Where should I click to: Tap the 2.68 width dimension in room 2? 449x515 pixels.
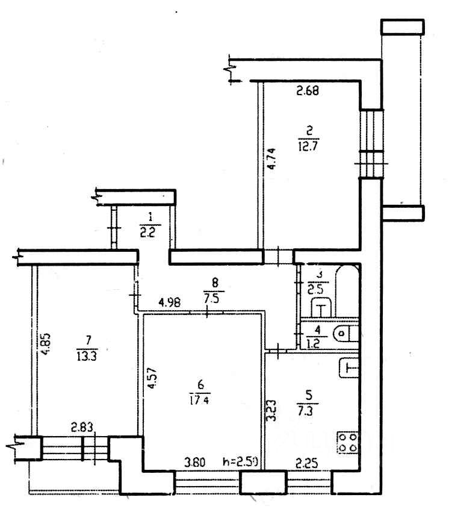(x=307, y=92)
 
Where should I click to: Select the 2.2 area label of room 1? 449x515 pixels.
(x=147, y=231)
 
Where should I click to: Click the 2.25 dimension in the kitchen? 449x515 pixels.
(x=306, y=463)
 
